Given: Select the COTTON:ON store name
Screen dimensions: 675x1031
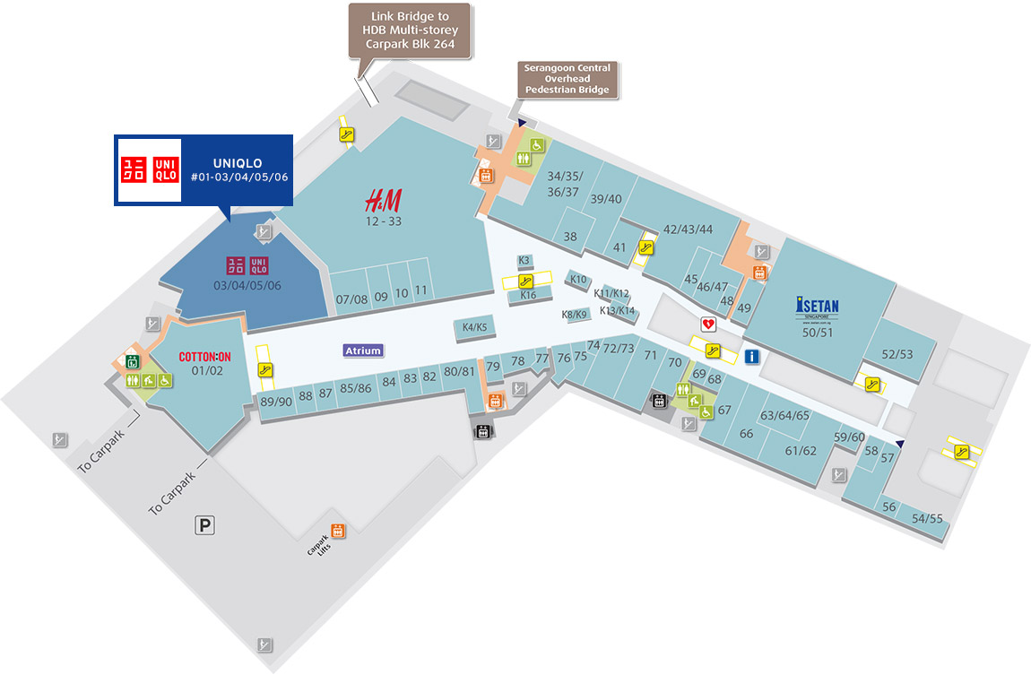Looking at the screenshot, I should click(x=205, y=356).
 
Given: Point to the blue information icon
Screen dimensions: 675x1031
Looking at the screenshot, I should click(x=752, y=357).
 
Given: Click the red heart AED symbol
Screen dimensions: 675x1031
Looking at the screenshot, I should click(x=708, y=322).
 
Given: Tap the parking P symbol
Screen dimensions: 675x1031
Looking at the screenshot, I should click(x=206, y=526).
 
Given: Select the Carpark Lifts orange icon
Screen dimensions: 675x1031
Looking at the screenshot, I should click(x=338, y=531).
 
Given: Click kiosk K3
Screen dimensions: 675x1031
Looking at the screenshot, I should click(x=525, y=261).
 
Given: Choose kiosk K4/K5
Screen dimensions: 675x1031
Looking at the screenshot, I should click(x=474, y=328).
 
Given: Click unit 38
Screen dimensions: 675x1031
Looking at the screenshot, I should click(x=570, y=238).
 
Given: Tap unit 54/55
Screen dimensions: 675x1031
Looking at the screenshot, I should click(x=927, y=519).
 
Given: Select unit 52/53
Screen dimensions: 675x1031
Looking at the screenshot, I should click(x=897, y=354).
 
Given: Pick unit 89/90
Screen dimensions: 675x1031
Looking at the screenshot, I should click(x=276, y=402).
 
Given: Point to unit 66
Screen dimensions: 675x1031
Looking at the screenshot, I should click(x=746, y=434).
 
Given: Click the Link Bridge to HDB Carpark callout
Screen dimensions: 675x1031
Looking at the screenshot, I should click(x=410, y=30).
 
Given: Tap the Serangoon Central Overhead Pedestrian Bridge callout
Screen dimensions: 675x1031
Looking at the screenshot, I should click(x=567, y=79).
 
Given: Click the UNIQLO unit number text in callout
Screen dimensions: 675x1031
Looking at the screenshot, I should click(x=238, y=177).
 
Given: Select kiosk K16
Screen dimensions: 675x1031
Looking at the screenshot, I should click(x=528, y=295).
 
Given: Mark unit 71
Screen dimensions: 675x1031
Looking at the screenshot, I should click(x=651, y=356).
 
